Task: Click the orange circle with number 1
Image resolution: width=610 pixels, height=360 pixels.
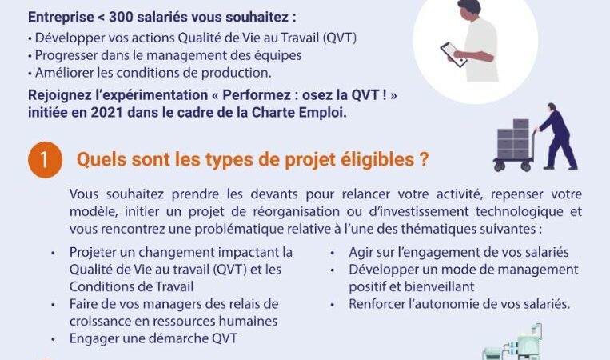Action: tap(45, 159)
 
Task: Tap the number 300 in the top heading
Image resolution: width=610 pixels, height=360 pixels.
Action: tap(121, 17)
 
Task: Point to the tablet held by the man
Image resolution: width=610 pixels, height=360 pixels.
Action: tap(453, 54)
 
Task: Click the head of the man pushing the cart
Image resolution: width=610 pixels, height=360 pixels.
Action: tap(552, 107)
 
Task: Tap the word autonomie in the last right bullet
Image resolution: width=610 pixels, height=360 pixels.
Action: tap(448, 304)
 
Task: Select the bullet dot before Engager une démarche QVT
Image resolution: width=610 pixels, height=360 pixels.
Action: tap(53, 339)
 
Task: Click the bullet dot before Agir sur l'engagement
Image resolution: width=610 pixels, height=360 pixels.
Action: tap(333, 253)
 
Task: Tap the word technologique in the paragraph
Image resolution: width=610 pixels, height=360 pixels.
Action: tap(520, 212)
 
